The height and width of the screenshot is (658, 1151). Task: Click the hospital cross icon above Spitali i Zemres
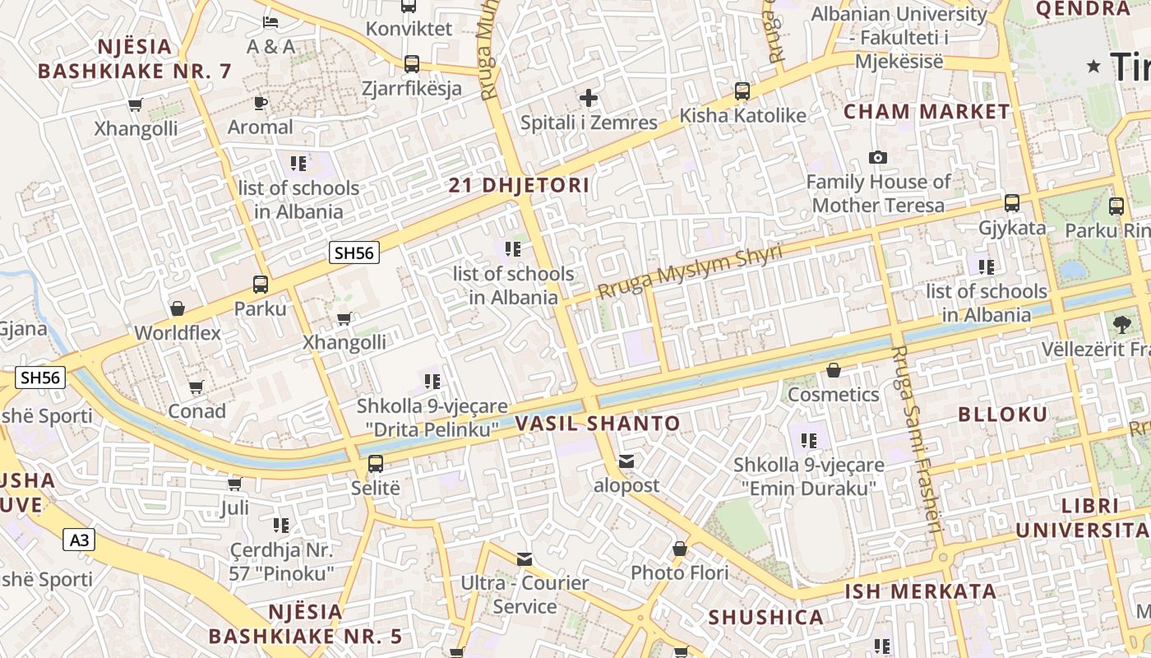point(589,99)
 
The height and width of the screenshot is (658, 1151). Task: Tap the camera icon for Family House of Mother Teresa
point(878,157)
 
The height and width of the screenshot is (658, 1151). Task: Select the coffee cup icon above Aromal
point(260,103)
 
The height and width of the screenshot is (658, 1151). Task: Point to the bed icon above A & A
point(270,21)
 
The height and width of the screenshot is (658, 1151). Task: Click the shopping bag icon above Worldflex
point(178,309)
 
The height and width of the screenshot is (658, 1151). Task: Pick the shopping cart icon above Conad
point(196,387)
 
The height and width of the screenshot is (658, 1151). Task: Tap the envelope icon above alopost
point(626,461)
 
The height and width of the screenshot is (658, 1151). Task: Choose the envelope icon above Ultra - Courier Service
point(525,559)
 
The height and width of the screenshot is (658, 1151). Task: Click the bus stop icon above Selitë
point(376,463)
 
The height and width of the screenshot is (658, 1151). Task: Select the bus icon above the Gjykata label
point(1012,203)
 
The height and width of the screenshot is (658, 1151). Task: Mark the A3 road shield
point(79,540)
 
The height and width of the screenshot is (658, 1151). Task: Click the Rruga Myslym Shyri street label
point(690,272)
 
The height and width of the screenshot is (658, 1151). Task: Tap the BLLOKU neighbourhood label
point(1003,414)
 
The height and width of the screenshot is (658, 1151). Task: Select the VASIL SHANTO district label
point(598,424)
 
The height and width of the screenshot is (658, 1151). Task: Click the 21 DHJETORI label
point(519,186)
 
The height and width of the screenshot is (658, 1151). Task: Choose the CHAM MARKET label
point(927,112)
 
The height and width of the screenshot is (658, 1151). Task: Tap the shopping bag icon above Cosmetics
point(834,371)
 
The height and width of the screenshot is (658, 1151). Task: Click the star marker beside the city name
point(1093,66)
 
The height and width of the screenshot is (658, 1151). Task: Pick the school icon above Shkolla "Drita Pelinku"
point(432,381)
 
